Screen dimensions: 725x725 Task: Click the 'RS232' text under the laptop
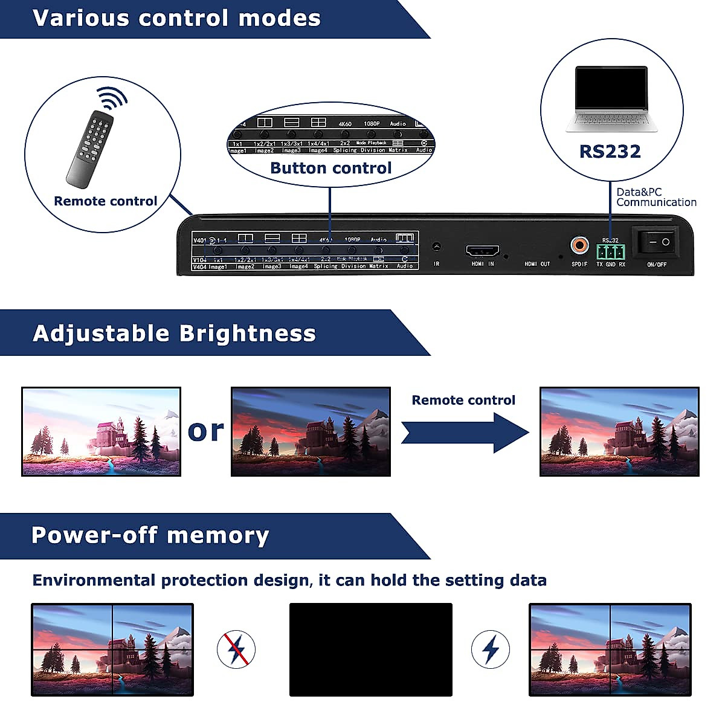click(x=610, y=151)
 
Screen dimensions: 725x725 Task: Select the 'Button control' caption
click(x=330, y=168)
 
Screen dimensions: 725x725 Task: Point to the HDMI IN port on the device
click(x=482, y=251)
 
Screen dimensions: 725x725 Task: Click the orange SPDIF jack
click(x=579, y=245)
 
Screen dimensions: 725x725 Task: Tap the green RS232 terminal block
click(x=610, y=251)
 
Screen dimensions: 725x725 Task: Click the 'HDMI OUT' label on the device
click(x=537, y=264)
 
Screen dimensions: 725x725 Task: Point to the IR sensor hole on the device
click(x=436, y=246)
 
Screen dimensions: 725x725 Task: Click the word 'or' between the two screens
click(x=205, y=431)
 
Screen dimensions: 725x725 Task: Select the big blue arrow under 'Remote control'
click(x=465, y=432)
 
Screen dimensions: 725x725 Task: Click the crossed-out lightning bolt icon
click(x=236, y=649)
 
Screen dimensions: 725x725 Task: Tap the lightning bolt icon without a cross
click(x=490, y=649)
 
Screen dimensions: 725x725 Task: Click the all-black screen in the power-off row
click(x=370, y=649)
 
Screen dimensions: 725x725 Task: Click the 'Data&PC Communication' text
click(x=656, y=197)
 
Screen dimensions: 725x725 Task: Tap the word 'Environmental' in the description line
click(x=94, y=581)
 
